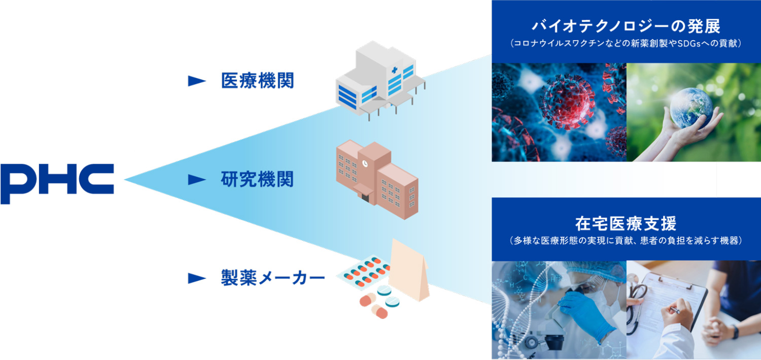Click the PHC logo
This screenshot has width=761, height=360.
pos(57,184)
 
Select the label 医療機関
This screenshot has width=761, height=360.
pos(258,81)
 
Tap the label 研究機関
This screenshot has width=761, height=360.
pos(257,179)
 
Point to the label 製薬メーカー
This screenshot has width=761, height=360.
pos(273,278)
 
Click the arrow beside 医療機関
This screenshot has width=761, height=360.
pos(197,81)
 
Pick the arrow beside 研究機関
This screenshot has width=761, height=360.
pos(197,179)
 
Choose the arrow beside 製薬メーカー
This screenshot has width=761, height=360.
pos(197,278)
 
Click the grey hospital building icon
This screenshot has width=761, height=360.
pos(380,81)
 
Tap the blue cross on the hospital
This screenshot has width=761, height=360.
pos(394,70)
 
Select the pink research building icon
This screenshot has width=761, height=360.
pos(377,179)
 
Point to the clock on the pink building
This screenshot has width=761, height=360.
pos(365,163)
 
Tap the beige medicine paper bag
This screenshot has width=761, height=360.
pos(409,270)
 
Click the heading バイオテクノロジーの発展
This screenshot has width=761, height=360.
pos(626,26)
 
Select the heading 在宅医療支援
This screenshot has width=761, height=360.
pos(626,224)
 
